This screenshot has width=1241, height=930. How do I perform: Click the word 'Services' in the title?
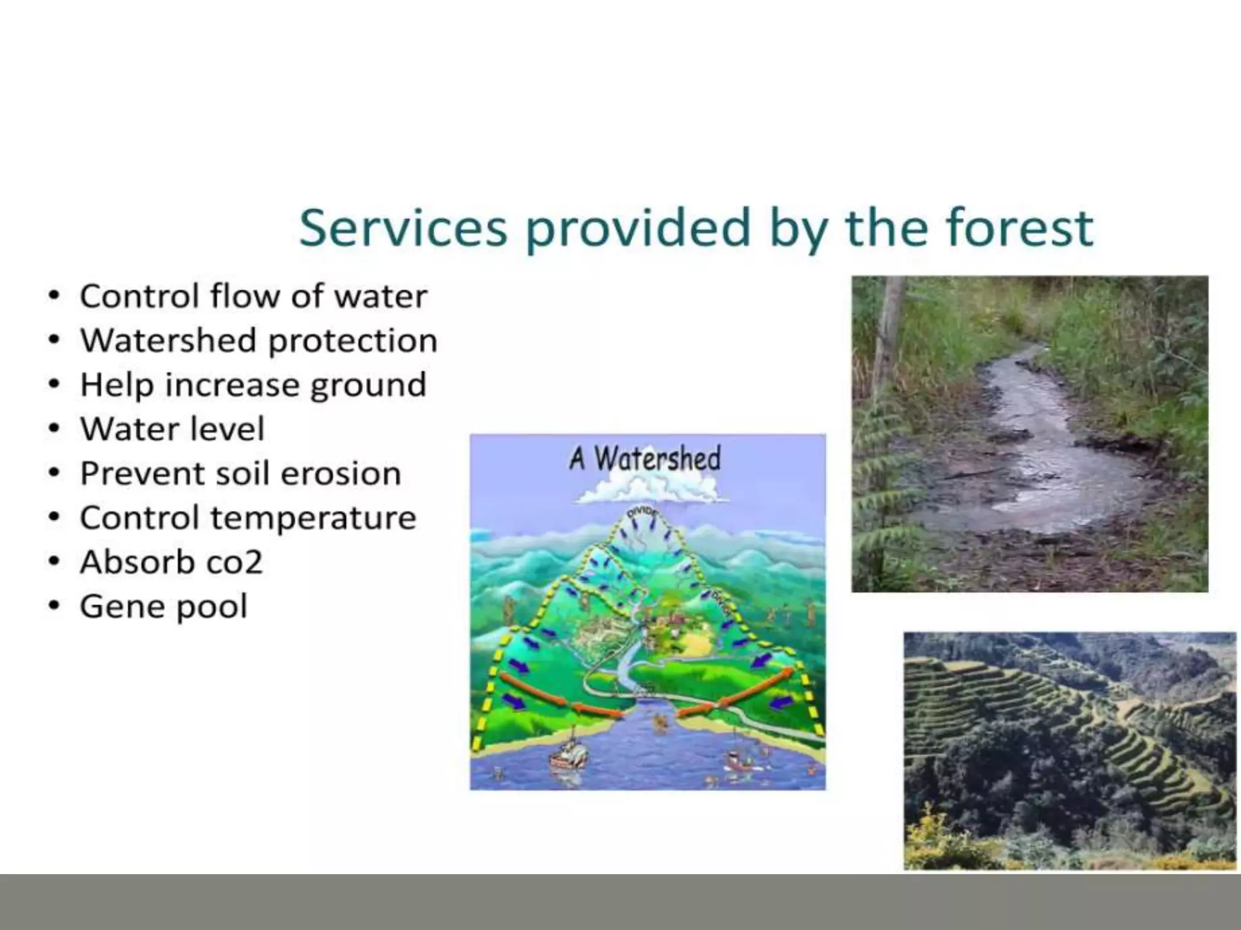click(x=402, y=228)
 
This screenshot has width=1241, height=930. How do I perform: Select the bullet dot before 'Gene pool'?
click(x=55, y=606)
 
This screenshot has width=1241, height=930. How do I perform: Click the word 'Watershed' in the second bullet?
click(x=168, y=340)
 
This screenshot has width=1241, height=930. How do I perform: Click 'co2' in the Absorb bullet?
click(x=234, y=562)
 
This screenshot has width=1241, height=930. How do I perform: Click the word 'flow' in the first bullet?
click(x=244, y=296)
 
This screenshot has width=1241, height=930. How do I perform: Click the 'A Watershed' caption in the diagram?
click(x=644, y=458)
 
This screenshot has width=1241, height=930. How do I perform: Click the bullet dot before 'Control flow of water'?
click(x=55, y=296)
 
